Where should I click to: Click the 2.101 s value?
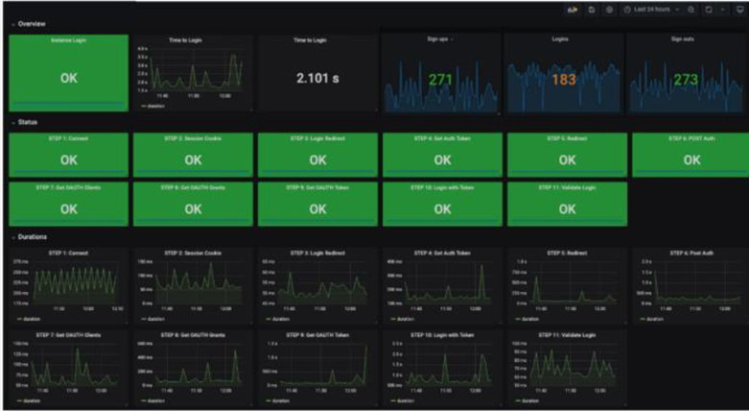(x=317, y=78)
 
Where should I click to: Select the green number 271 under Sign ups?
(x=440, y=80)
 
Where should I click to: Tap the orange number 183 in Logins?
(x=564, y=80)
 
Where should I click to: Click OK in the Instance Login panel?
(x=68, y=78)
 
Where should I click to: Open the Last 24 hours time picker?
(x=652, y=9)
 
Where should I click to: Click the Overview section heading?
(x=32, y=23)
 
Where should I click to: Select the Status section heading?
(x=28, y=122)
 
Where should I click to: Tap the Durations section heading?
(x=33, y=236)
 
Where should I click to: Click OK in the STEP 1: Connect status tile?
(x=68, y=160)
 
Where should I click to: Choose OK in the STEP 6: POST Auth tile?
(x=690, y=160)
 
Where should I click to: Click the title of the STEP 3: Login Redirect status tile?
(x=317, y=138)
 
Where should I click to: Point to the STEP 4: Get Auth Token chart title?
(x=442, y=253)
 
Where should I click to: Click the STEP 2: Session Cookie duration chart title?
(x=193, y=253)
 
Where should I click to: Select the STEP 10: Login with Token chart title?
(x=442, y=335)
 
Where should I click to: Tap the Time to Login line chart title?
(x=193, y=40)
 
